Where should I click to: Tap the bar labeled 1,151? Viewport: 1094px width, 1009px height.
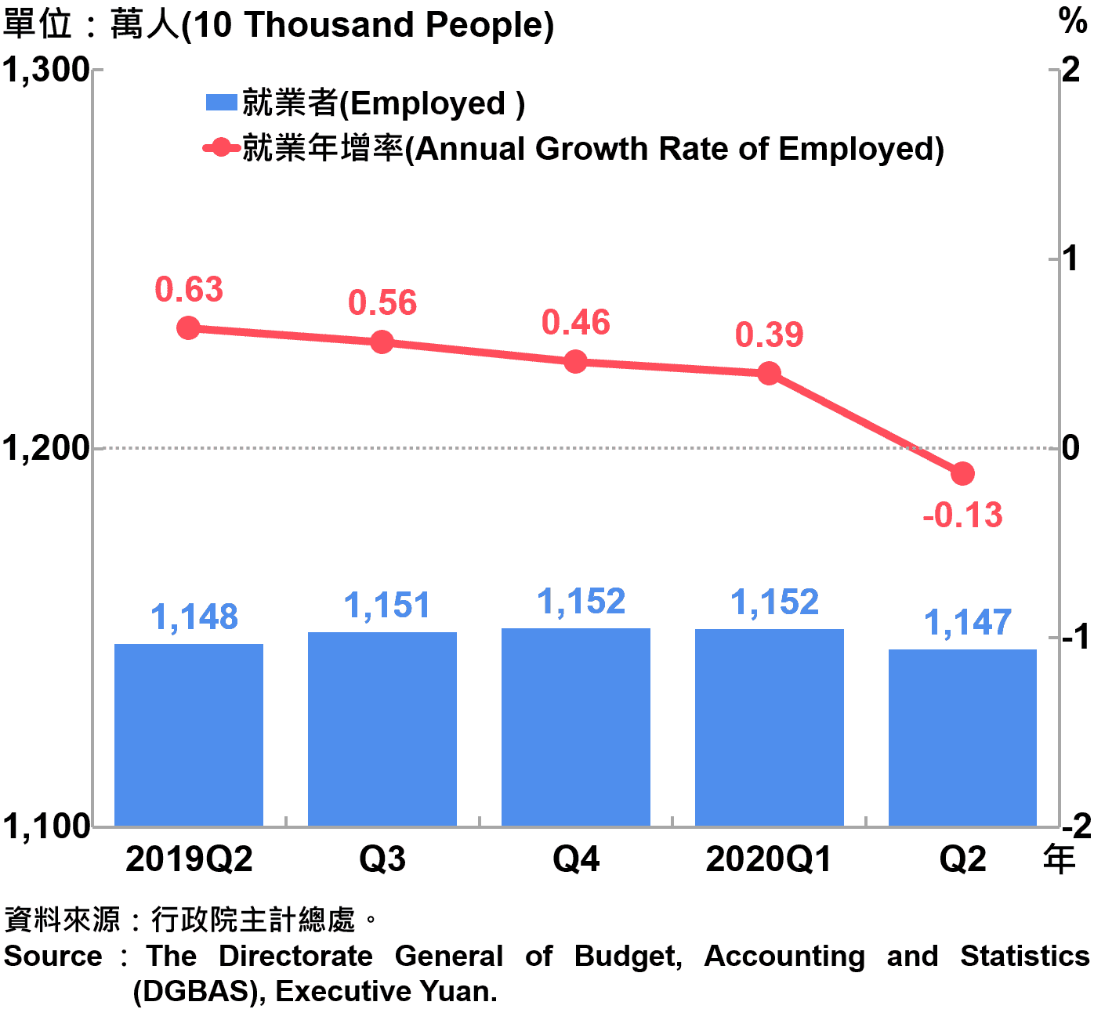click(382, 729)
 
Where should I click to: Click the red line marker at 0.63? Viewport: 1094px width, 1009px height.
click(188, 327)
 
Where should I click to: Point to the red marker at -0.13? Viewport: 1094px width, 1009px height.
click(962, 473)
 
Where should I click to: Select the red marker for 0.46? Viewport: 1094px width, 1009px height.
click(575, 361)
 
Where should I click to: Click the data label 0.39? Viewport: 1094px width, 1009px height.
click(769, 335)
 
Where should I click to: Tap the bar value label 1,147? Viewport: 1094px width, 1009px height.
click(968, 623)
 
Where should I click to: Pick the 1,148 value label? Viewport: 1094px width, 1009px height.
click(194, 617)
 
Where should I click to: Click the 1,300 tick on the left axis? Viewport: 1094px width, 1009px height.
click(45, 71)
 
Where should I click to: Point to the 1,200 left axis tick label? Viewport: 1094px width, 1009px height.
click(45, 448)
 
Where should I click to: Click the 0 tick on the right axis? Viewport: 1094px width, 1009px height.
click(1070, 448)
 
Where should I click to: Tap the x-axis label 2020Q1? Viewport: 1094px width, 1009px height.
click(768, 859)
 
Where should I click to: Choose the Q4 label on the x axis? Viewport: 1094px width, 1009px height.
click(576, 859)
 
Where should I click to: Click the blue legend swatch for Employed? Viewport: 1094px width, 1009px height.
click(221, 103)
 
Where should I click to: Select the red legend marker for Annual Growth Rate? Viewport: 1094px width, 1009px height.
click(221, 147)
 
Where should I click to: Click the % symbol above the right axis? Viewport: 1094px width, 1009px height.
click(1072, 20)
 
